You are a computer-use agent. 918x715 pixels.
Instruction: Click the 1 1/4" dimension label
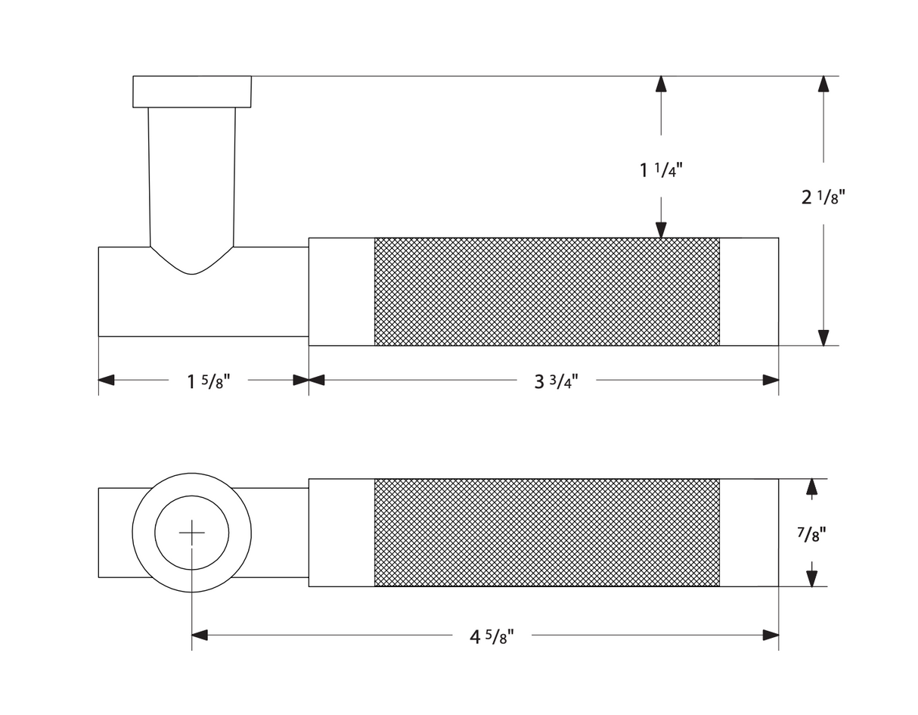coord(661,170)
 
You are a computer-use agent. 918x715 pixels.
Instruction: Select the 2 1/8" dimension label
coord(823,197)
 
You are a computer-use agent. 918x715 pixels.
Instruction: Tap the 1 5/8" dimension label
coord(208,381)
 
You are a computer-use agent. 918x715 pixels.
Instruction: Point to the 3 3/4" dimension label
coord(556,381)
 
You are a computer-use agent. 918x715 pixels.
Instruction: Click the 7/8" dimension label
coord(811,534)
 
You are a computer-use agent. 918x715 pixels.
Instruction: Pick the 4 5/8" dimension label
coord(492,636)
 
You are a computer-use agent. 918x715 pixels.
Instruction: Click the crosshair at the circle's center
coord(192,533)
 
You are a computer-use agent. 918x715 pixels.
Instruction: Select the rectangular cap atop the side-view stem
coord(192,92)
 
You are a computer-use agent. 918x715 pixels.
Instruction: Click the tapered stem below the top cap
coord(192,174)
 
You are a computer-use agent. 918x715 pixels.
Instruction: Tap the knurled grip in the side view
coord(547,292)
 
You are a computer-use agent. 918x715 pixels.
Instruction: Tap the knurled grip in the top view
coord(547,533)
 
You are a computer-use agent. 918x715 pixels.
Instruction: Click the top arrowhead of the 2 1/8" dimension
coord(823,84)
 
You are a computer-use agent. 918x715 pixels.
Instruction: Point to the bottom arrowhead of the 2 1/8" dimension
coord(823,337)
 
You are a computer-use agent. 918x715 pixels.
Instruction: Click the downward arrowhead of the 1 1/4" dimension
coord(661,230)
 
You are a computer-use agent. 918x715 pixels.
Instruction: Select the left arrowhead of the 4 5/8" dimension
coord(200,635)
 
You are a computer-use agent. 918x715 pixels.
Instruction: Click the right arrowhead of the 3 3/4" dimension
coord(771,380)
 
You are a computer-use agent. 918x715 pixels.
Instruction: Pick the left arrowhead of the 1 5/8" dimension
coord(107,380)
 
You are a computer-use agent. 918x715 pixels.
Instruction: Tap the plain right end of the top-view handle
coord(749,533)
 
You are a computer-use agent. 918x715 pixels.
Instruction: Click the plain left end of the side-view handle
coord(342,292)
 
